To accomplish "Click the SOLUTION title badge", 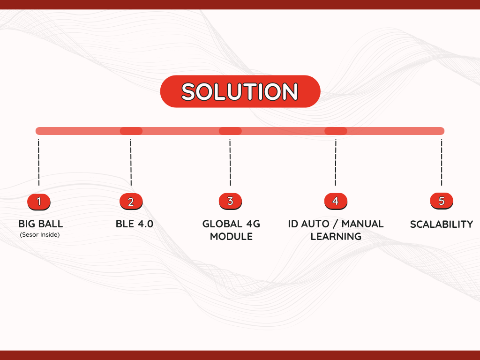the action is coord(240,91).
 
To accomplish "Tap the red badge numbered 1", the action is coord(39,202).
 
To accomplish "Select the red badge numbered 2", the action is coord(131,202).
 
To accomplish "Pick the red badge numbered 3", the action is coord(230,201).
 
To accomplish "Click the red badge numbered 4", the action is coord(336,201).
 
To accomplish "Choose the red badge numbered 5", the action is coord(442,201).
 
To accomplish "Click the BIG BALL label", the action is coord(41,224).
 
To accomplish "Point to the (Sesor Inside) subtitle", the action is coord(40,235).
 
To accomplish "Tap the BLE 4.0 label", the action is coord(135,224).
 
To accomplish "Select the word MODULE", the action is coord(231,236).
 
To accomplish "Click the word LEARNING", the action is coord(336,236).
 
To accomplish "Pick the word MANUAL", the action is coord(362,224).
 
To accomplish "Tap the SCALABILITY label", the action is coord(442,225).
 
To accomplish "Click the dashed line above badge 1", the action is coord(38,162).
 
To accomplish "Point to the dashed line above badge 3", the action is coord(230,162).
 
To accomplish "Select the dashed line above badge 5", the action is coord(442,162).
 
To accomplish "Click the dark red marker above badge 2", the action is coord(131,131).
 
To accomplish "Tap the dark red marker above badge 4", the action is coord(336,131).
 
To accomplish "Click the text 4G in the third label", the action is coord(253,224).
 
